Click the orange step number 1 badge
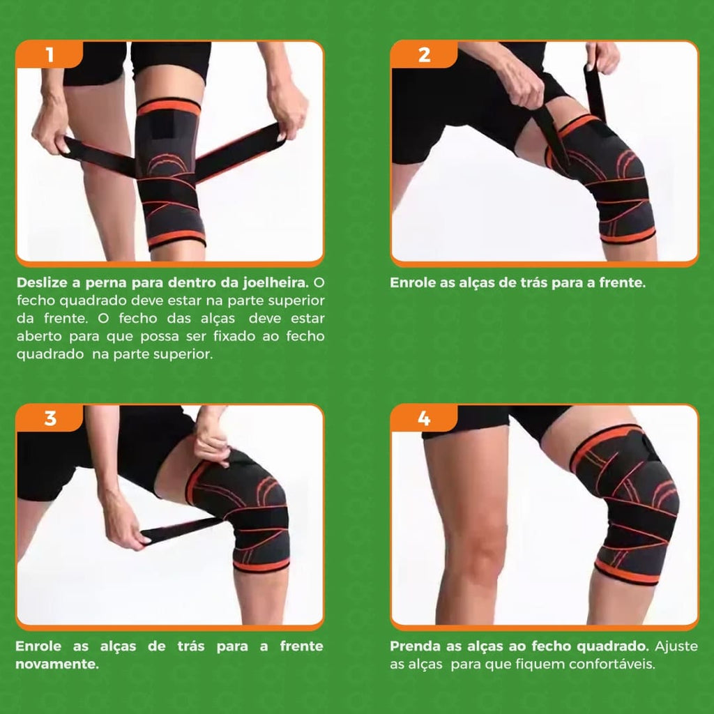50,54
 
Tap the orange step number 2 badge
424,54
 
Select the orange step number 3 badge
50,418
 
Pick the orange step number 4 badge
424,418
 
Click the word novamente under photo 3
57,664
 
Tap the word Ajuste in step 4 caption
676,646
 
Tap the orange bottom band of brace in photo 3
261,566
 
